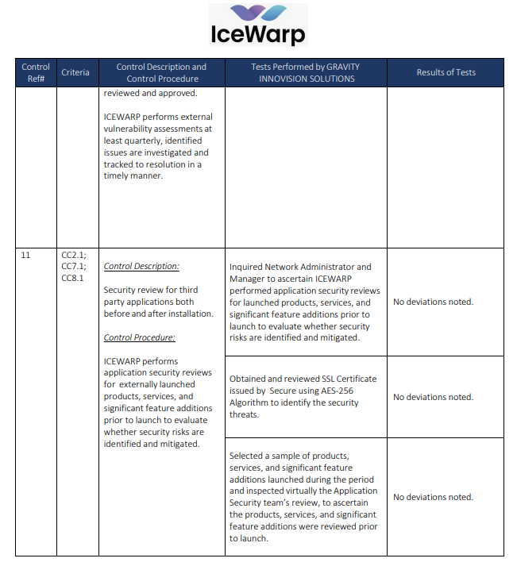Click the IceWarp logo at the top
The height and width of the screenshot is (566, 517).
[x=258, y=25]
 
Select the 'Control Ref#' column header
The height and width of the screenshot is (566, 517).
[x=36, y=72]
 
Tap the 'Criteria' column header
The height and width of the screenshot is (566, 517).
[x=75, y=72]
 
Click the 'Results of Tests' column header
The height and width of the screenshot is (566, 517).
[x=446, y=72]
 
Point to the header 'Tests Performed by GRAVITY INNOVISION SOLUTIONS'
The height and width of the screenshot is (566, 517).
[x=305, y=72]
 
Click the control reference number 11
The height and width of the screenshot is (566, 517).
[x=26, y=256]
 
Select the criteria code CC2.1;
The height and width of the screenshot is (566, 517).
[x=74, y=256]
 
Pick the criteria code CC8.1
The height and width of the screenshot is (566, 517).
[x=72, y=278]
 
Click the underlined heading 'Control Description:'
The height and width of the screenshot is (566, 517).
[x=142, y=267]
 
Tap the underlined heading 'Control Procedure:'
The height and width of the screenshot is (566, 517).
[x=140, y=337]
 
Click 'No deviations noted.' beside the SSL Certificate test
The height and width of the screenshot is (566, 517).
[x=433, y=397]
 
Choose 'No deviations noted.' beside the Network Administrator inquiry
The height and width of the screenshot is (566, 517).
[x=433, y=302]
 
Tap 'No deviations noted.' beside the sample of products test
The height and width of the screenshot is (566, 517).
[x=433, y=497]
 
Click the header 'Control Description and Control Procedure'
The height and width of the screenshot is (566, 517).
[x=161, y=72]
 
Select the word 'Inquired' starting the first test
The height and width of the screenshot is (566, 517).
[x=247, y=267]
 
